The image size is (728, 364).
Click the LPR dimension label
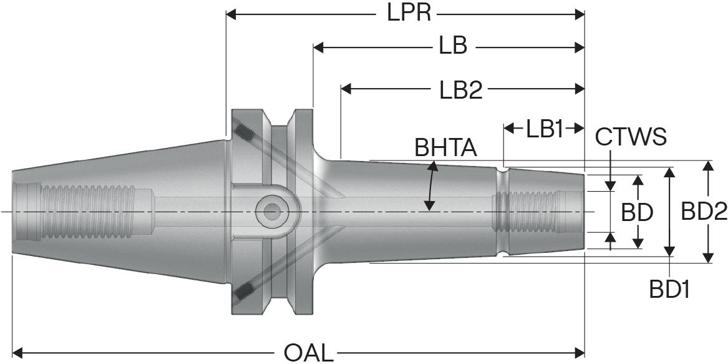point(409,13)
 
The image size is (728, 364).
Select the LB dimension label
point(452,47)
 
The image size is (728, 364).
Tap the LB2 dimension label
point(460,90)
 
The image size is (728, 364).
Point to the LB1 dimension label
point(544,129)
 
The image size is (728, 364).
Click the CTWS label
point(631,136)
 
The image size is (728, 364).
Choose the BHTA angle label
point(445,148)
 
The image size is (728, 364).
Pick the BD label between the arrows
point(637,213)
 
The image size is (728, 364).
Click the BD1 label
point(669,289)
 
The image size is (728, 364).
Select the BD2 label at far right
point(704,212)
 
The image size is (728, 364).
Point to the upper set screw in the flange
point(244,132)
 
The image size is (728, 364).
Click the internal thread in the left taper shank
point(87,212)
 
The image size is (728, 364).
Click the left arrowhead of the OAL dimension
point(17,353)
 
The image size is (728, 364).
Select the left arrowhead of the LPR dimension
point(231,13)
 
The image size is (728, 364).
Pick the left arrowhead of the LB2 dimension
point(346,90)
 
